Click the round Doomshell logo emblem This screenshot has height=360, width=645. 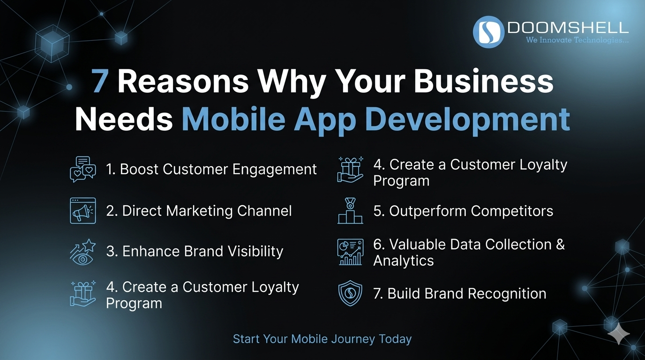tap(489, 32)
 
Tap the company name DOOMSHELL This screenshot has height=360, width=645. tap(568, 28)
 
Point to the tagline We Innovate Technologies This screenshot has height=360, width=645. tap(577, 40)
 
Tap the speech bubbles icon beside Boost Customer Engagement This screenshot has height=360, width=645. tap(82, 169)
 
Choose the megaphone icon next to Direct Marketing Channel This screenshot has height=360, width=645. tap(82, 210)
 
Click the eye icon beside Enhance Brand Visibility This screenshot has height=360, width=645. tap(82, 252)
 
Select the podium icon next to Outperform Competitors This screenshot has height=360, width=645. tap(350, 211)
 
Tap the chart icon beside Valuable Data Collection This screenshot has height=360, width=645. tap(350, 252)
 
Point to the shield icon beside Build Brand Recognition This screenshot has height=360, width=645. tap(350, 294)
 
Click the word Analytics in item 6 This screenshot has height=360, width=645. tap(404, 261)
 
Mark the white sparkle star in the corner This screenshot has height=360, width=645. tap(618, 334)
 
